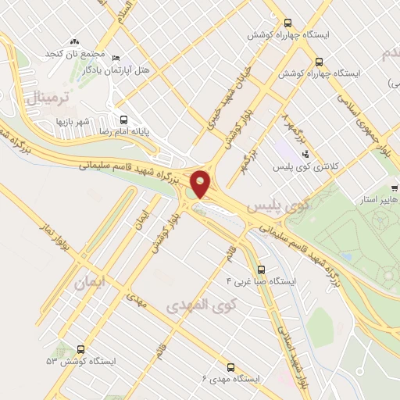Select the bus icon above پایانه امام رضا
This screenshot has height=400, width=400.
(x=123, y=120)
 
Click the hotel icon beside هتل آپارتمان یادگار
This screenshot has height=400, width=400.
(x=116, y=58)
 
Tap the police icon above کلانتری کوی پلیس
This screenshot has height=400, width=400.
(x=305, y=154)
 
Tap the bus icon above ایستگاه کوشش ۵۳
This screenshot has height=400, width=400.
(x=81, y=350)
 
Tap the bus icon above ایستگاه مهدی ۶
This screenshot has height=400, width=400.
(x=230, y=366)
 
